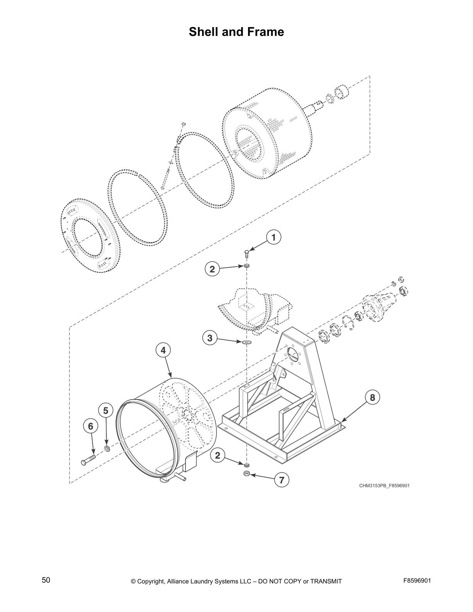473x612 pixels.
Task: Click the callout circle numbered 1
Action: tap(274, 238)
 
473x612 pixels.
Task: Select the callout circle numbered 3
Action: tap(209, 338)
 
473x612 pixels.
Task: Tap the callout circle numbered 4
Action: tap(163, 350)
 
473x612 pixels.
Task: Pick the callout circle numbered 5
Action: tap(106, 410)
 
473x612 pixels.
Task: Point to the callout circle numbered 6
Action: tap(90, 426)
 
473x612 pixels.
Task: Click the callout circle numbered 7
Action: tap(281, 480)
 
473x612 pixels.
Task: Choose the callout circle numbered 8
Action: tap(372, 398)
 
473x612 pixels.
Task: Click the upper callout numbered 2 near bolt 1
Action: tap(212, 269)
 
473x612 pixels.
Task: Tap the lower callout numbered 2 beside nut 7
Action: tap(218, 456)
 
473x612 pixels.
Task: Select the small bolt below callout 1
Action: tap(247, 254)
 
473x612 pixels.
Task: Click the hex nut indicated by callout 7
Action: tap(246, 474)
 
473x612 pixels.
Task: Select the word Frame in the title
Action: tap(266, 32)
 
